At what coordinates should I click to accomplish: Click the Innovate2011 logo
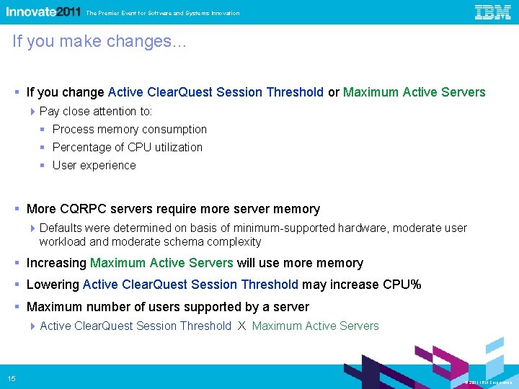coord(43,12)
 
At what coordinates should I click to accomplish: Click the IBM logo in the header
coord(493,12)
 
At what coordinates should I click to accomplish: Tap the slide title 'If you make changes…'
coord(99,42)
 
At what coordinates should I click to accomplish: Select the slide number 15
coord(12,379)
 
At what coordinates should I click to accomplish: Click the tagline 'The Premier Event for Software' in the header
coord(162,13)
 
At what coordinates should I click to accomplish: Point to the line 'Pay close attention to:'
coord(96,111)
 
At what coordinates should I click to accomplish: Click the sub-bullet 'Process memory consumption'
coord(130,130)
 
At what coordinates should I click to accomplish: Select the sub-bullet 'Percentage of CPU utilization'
coord(128,148)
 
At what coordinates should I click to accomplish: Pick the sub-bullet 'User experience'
coord(94,166)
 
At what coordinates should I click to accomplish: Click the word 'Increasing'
coord(56,263)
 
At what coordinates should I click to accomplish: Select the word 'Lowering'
coord(53,285)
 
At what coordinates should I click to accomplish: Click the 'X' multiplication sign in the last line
coord(242,326)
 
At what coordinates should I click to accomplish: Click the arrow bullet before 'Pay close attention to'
coord(34,111)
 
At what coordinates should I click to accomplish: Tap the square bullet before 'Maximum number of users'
coord(17,307)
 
